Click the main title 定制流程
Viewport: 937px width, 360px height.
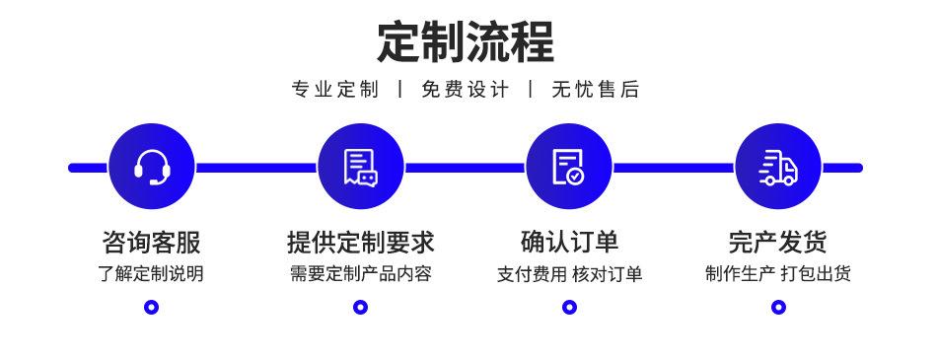[x=466, y=41]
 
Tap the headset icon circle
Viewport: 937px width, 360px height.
[x=151, y=167]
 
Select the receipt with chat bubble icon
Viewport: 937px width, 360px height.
[x=360, y=167]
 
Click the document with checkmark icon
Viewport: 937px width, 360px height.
[x=569, y=167]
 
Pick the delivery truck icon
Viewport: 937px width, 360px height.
[x=778, y=167]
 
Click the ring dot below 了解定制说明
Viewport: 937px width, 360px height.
[x=151, y=307]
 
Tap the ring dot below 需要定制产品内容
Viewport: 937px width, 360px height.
[x=360, y=307]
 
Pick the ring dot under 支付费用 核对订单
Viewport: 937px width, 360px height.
[x=569, y=307]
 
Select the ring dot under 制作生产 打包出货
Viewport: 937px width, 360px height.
[x=778, y=307]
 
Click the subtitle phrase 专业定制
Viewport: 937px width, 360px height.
[x=335, y=90]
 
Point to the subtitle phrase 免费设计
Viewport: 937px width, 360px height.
[x=466, y=90]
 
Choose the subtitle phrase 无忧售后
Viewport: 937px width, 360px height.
[x=595, y=90]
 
